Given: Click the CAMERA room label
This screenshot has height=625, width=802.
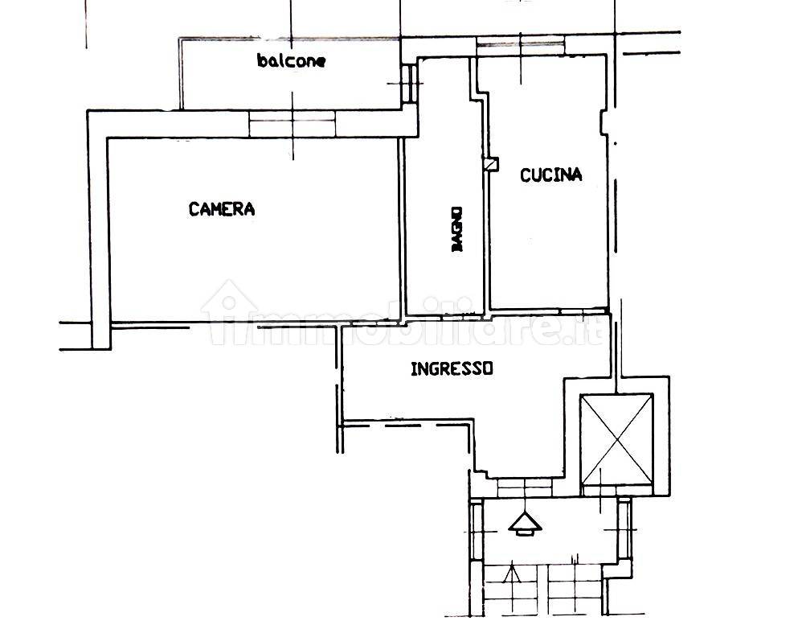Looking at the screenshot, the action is point(222,209).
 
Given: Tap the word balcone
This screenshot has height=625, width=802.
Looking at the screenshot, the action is point(291,60).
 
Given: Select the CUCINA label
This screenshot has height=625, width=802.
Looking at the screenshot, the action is point(550,175).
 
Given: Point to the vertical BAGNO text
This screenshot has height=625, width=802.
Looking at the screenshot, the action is point(456,228).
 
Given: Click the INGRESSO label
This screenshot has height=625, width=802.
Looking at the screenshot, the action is point(452,368).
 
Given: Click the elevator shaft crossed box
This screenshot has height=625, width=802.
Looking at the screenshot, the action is point(617,439).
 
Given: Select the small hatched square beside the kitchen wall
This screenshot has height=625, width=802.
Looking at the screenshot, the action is point(492,164).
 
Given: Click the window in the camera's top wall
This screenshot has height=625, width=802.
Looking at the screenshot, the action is point(293,125).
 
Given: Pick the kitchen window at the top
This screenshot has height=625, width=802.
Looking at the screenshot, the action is point(521,46).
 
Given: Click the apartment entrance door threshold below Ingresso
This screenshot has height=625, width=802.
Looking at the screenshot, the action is point(525,488).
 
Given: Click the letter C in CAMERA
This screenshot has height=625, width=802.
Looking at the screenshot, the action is point(194,209).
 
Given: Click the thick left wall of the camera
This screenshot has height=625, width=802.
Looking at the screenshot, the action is point(100,230).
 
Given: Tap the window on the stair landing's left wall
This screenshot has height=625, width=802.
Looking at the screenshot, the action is point(477,532).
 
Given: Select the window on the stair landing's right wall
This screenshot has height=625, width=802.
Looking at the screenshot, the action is point(624,529).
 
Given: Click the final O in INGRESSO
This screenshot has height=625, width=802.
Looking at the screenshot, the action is point(488,368).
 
